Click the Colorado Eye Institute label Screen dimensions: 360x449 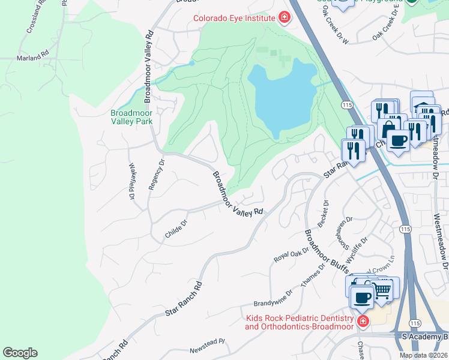coord(234,18)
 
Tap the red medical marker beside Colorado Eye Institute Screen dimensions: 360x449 coord(283,18)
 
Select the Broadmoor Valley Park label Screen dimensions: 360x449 coord(131,117)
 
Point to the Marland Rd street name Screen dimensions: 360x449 coord(33,58)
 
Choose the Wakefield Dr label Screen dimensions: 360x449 coord(131,181)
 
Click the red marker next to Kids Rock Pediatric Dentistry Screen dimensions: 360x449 coord(362,322)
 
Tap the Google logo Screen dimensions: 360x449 coord(20,353)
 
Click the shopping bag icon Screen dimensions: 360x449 coord(388,128)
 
